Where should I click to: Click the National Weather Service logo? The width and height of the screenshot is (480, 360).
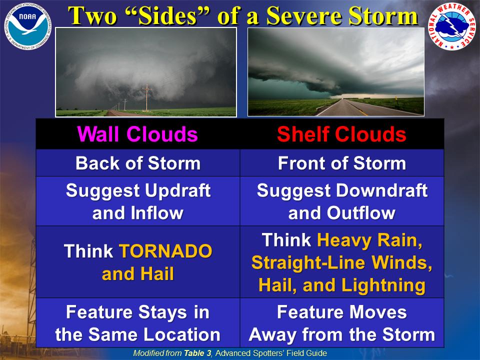(x=452, y=26)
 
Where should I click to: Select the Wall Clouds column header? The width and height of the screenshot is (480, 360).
(x=137, y=134)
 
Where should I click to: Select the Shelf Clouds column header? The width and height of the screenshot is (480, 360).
(x=341, y=134)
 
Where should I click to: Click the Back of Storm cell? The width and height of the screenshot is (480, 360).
(x=137, y=163)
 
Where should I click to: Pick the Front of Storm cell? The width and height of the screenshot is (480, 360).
(x=341, y=163)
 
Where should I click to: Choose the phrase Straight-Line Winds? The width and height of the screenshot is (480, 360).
(x=341, y=262)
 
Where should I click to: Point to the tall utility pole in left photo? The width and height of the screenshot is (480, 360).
(x=147, y=98)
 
